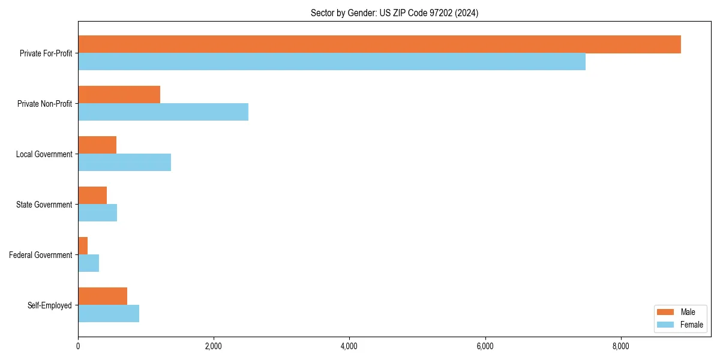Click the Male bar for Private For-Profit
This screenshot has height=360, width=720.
(379, 44)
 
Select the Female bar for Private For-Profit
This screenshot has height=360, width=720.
(332, 62)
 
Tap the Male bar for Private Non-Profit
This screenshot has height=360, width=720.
(119, 95)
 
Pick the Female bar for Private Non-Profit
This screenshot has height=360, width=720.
(163, 112)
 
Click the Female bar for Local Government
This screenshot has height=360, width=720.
(124, 163)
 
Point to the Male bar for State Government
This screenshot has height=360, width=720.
(92, 196)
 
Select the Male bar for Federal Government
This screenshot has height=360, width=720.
(83, 246)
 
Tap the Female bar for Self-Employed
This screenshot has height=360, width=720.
(109, 314)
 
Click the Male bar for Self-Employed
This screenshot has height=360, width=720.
(103, 296)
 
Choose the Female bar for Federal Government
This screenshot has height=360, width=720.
(88, 263)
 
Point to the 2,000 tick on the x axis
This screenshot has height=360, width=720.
(214, 346)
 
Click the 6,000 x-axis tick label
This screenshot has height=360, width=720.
(485, 346)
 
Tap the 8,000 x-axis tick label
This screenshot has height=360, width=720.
(620, 346)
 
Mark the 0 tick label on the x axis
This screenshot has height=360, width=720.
(78, 346)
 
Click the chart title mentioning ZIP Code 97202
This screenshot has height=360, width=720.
(394, 13)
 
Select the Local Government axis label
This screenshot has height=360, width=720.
(44, 154)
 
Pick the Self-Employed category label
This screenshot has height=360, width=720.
(49, 305)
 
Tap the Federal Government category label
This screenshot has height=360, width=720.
(40, 255)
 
